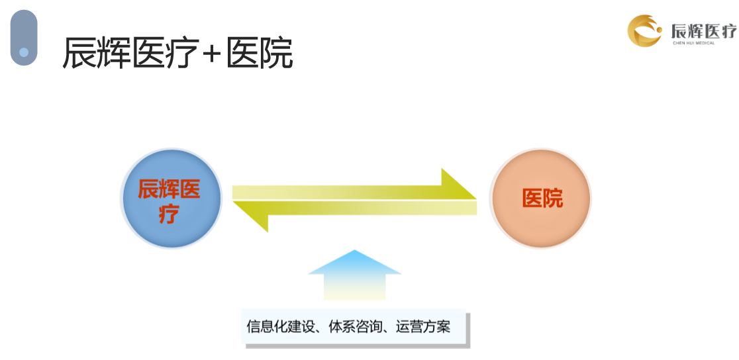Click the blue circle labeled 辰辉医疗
171,199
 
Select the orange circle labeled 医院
540,199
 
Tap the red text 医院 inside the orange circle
542,199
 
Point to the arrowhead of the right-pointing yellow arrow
459,184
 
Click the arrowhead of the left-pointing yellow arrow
251,216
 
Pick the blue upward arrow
354,275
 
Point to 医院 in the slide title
259,53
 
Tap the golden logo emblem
645,30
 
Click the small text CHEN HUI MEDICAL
694,43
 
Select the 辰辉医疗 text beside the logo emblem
703,31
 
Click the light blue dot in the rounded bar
24,52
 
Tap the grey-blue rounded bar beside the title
24,37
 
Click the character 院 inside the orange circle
553,199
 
